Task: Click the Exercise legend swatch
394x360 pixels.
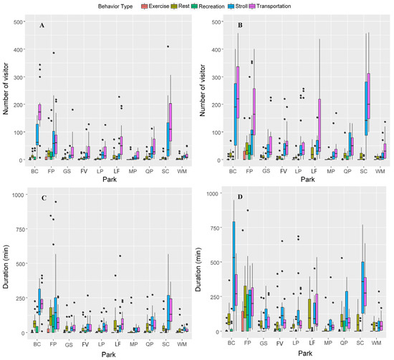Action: tap(164, 6)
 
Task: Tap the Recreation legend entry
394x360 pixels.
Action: tap(211, 6)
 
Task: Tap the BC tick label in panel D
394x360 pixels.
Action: tap(231, 344)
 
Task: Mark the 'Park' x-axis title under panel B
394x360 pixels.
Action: tap(297, 181)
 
